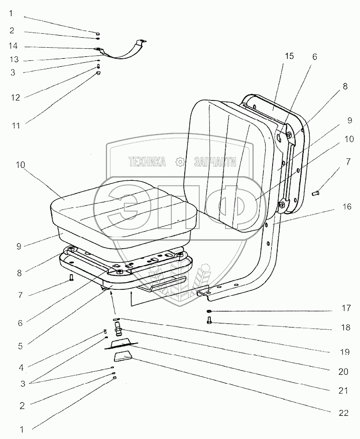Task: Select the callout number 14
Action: pyautogui.click(x=13, y=46)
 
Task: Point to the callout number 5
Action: pyautogui.click(x=20, y=346)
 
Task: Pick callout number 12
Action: pyautogui.click(x=16, y=97)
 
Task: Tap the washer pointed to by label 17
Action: pyautogui.click(x=208, y=312)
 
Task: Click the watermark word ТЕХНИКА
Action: pyautogui.click(x=147, y=162)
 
